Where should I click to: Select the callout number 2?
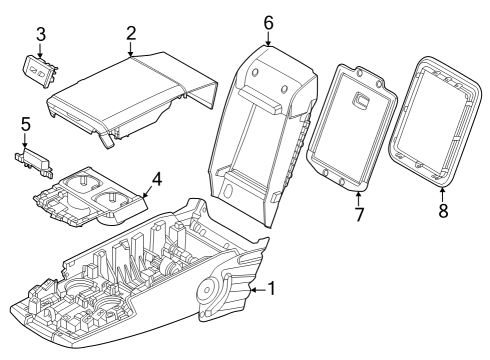131,33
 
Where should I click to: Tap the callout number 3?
40,34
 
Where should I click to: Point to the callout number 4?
156,182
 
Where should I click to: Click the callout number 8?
444,211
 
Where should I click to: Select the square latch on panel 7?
362,100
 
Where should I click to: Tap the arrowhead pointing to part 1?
250,291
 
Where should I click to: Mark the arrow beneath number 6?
268,42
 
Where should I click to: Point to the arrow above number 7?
358,196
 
